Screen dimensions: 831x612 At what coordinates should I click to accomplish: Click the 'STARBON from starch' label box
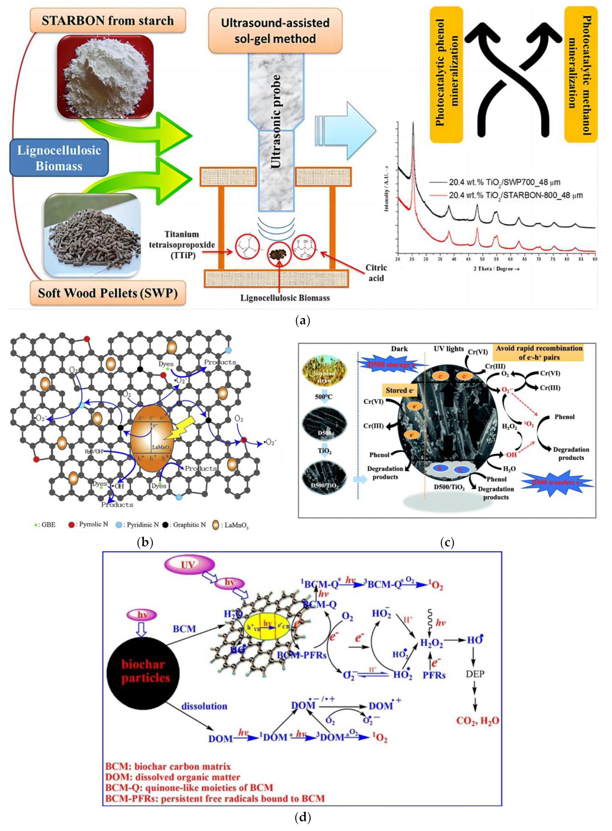tap(108, 21)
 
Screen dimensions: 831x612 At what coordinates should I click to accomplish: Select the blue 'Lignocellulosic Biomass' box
tap(59, 158)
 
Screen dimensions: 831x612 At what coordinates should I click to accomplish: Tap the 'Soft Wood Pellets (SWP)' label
tap(108, 293)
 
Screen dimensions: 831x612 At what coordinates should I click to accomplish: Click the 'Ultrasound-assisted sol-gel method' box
tap(275, 31)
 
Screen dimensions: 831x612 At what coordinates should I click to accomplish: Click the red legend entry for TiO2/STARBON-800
tap(515, 195)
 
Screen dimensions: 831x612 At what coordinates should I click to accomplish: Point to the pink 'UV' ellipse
tap(188, 565)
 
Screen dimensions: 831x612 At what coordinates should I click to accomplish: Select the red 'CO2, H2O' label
tap(477, 721)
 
